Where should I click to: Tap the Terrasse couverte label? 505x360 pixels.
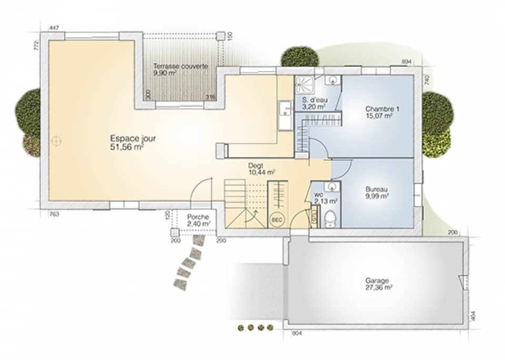coord(180,66)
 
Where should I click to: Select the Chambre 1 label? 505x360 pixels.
coord(382,109)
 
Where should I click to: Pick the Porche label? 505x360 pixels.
coord(198,217)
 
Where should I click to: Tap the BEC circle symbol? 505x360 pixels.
coord(276,219)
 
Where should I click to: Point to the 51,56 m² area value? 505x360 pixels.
coord(127,147)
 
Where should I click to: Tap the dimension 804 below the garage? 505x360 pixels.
coord(296,333)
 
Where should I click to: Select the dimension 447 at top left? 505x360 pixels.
coord(53,27)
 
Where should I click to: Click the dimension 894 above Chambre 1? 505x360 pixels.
coord(406,61)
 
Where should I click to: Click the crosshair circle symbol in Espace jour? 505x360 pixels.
coord(56,140)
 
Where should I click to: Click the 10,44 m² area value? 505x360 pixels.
coord(261,172)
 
